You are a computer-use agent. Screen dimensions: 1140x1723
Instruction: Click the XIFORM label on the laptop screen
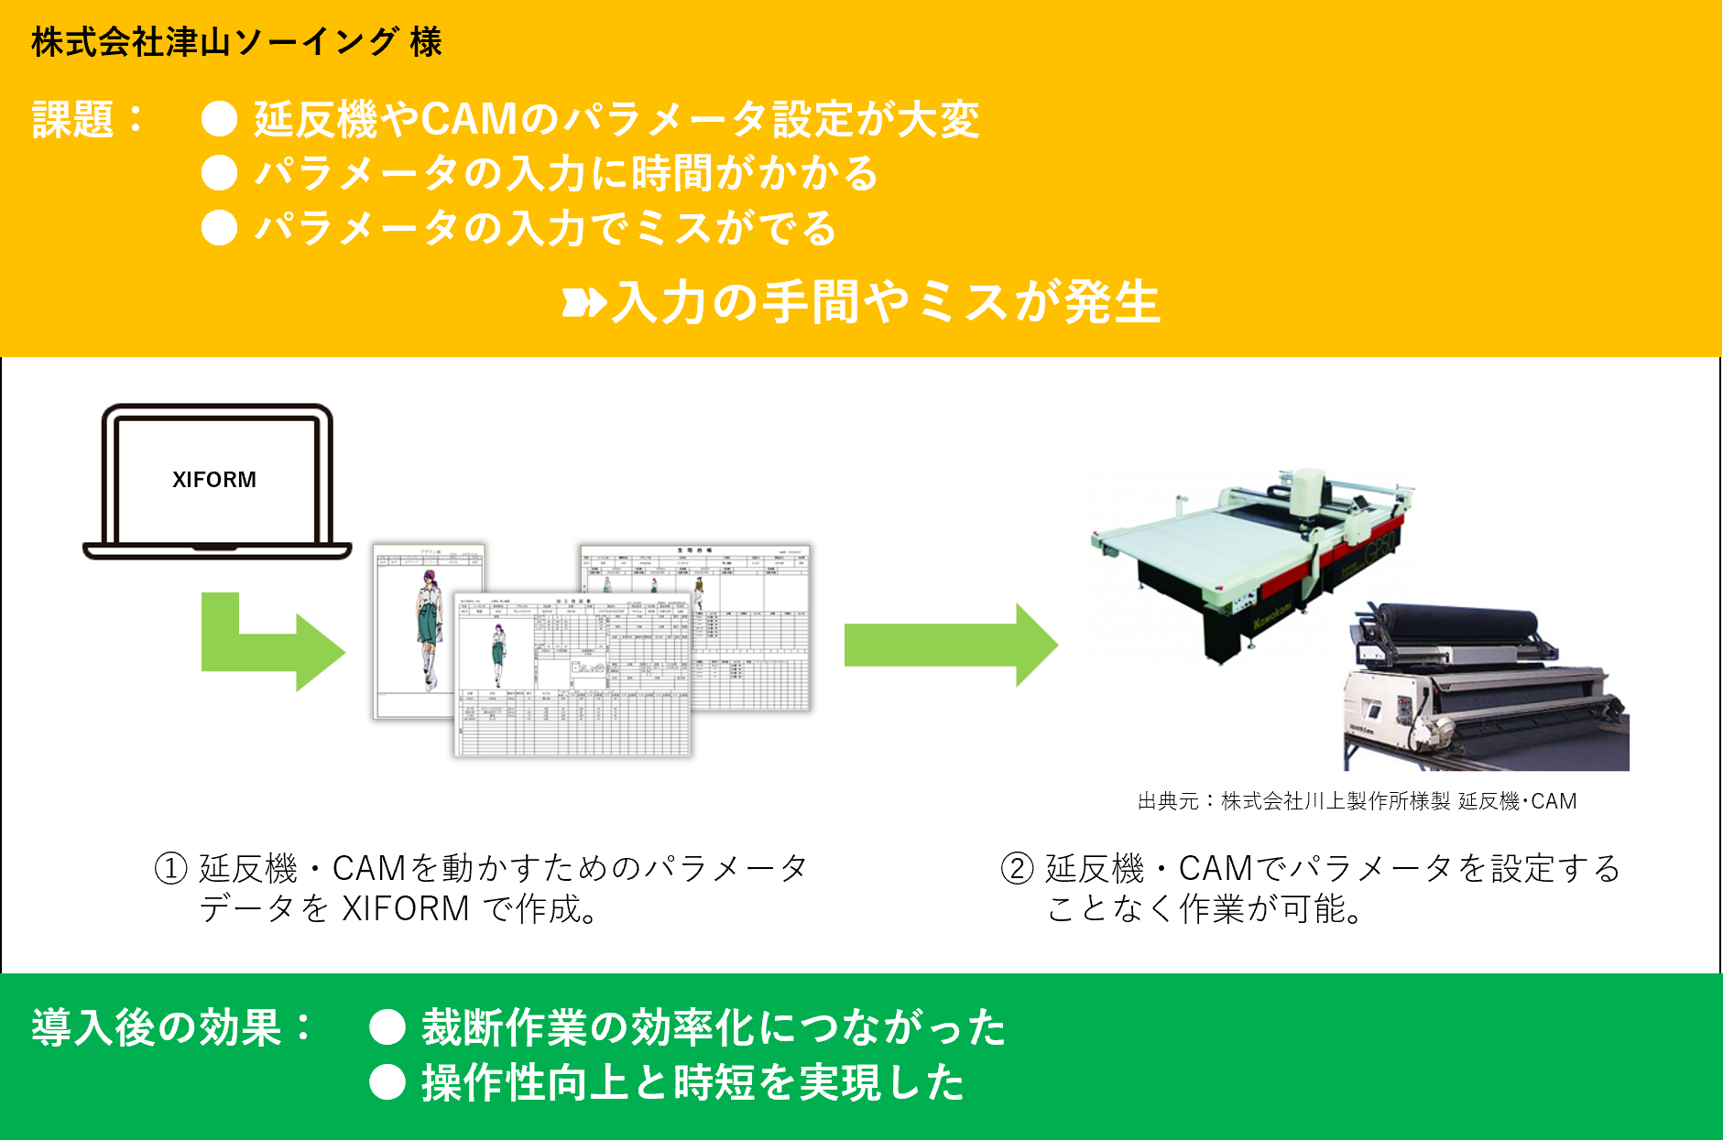click(x=214, y=480)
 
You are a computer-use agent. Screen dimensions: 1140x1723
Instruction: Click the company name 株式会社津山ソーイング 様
click(x=236, y=42)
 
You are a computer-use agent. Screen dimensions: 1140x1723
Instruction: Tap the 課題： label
click(x=88, y=120)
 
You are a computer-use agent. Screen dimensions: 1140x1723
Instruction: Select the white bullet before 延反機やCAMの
click(x=220, y=119)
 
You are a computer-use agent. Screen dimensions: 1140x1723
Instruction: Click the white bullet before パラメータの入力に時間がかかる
click(x=220, y=173)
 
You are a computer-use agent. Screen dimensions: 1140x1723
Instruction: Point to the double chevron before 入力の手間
click(x=583, y=302)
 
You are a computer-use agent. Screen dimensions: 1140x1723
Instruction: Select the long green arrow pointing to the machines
click(x=949, y=645)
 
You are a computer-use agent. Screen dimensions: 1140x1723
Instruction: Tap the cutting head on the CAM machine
click(x=1307, y=495)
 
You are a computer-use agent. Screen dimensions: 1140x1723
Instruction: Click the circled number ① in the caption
click(x=171, y=868)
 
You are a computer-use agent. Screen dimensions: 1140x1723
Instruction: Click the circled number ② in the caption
click(x=1017, y=868)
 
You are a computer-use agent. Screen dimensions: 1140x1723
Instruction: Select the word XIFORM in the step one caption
click(x=405, y=909)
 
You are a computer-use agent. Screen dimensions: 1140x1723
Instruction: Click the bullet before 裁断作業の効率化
click(x=387, y=1027)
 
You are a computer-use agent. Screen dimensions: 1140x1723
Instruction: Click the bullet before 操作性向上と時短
click(x=387, y=1083)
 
